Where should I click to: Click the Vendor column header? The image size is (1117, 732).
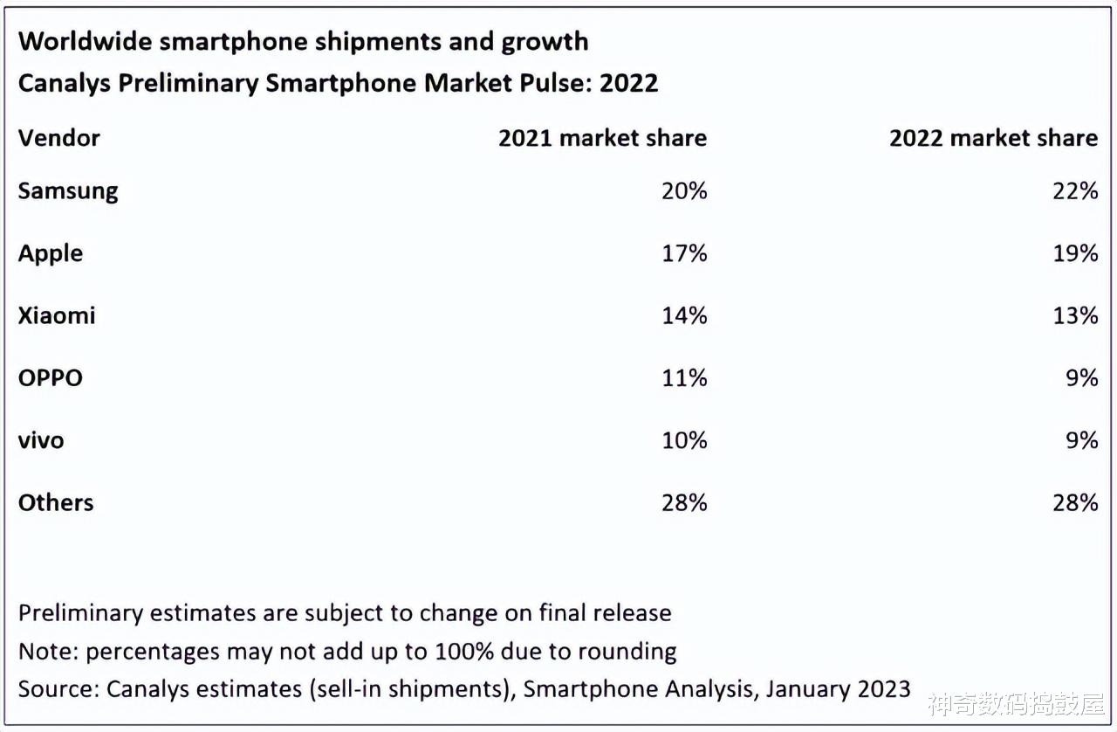[58, 138]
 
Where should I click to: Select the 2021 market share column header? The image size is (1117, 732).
[602, 138]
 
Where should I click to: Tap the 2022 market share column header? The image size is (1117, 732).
[993, 138]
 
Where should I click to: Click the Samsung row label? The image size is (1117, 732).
[68, 191]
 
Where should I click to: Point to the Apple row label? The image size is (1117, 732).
[51, 253]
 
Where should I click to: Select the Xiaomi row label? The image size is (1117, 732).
[57, 315]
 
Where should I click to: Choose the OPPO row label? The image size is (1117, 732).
[51, 378]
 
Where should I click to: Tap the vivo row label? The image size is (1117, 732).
[41, 440]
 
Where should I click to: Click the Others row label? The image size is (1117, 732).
[56, 502]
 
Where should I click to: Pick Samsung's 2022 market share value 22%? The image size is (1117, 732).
[1074, 191]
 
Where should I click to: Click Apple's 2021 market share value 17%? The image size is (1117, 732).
[683, 253]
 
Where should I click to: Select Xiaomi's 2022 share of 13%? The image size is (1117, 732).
[1074, 315]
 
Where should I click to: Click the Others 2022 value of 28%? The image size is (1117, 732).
[1074, 502]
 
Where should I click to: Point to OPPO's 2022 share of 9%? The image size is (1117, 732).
[1081, 378]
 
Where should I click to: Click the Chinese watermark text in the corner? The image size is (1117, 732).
[1016, 704]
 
